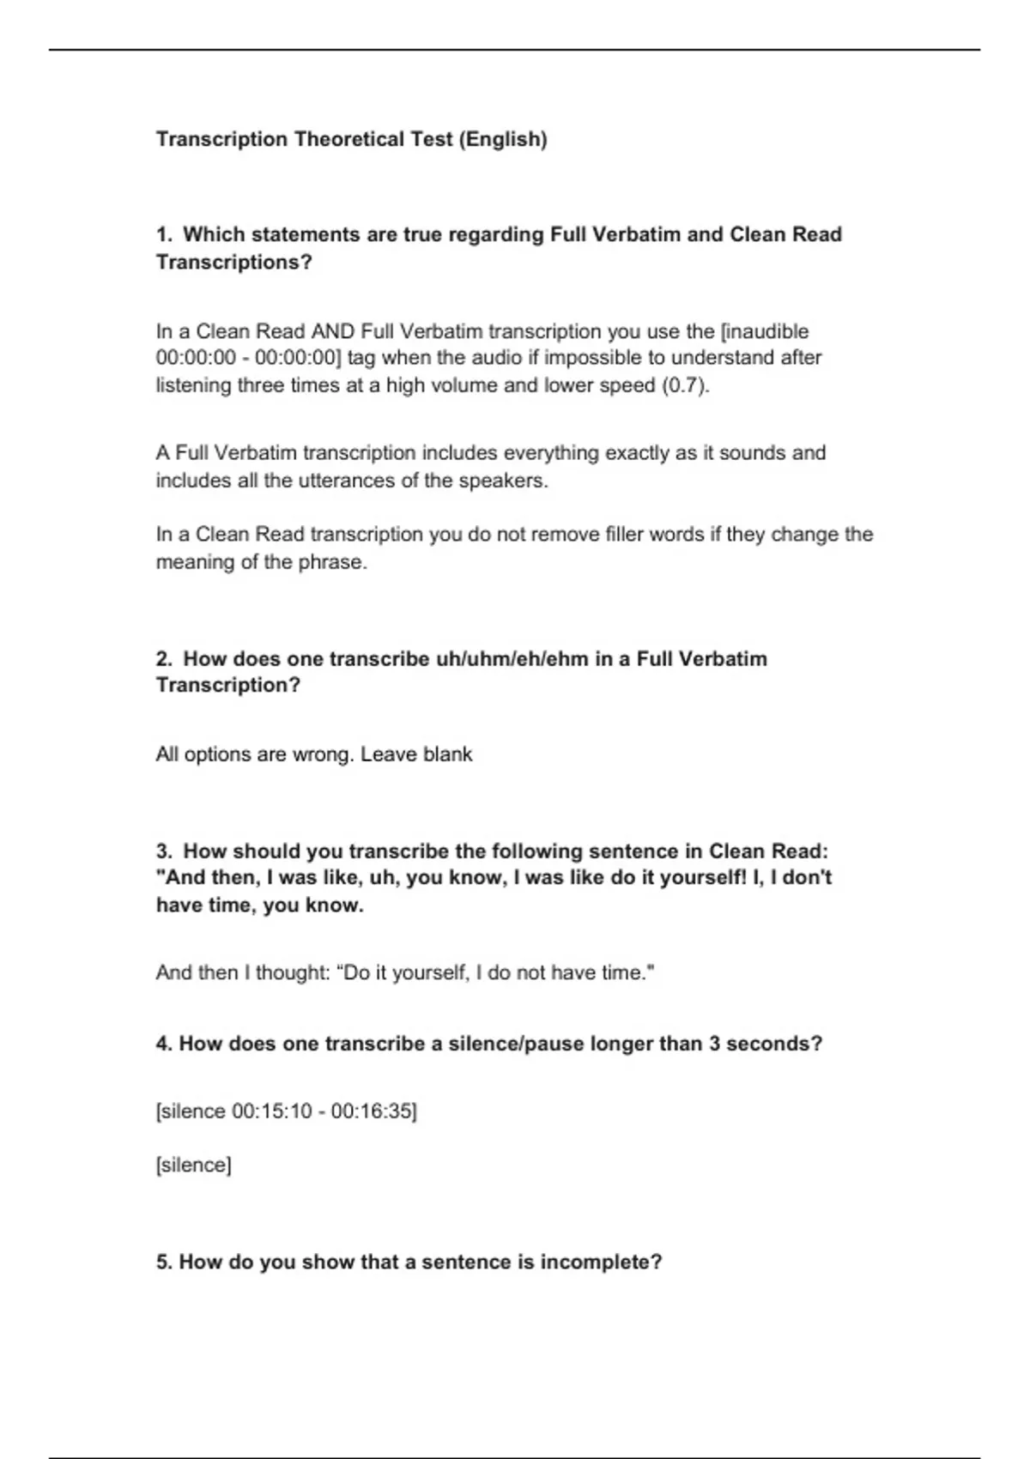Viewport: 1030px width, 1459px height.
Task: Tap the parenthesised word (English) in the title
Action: [503, 139]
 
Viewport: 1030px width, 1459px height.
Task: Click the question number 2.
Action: [164, 659]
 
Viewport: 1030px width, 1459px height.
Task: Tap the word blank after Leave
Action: [446, 754]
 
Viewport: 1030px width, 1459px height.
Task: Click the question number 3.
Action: [164, 851]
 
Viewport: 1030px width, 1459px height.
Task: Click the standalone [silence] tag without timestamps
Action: [193, 1165]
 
